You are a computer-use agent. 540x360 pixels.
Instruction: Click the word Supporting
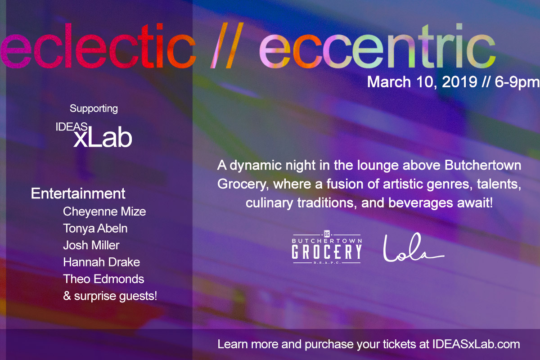tap(94, 108)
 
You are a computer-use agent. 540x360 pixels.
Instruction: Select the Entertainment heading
tap(78, 194)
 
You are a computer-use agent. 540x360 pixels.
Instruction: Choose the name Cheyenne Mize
tap(104, 211)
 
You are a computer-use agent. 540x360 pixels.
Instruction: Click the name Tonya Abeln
tap(95, 229)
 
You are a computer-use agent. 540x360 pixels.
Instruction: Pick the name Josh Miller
tap(91, 245)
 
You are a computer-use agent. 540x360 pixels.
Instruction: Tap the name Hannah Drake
tap(102, 262)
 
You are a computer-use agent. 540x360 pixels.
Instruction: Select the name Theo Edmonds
tap(104, 279)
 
